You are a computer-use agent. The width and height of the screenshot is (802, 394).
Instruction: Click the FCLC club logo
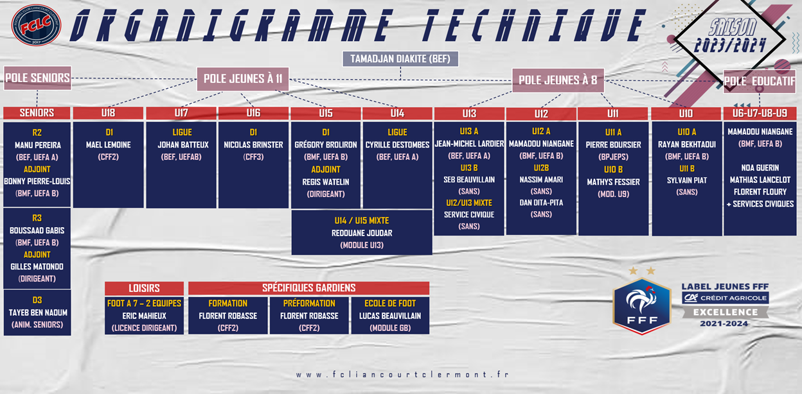click(x=36, y=24)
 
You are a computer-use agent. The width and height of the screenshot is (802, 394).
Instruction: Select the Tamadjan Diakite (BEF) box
click(x=400, y=58)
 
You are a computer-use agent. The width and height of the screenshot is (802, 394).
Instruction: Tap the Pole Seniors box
click(x=37, y=78)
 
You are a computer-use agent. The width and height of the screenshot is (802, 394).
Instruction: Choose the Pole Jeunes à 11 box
click(x=243, y=79)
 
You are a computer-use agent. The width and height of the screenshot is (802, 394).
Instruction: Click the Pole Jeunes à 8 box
click(x=558, y=80)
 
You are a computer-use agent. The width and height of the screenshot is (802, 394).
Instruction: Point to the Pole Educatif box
click(x=760, y=81)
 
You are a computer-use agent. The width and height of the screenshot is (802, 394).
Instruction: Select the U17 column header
click(x=181, y=113)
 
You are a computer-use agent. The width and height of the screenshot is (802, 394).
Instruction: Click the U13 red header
click(x=469, y=114)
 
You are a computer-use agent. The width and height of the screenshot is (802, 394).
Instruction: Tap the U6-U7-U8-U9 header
click(x=760, y=114)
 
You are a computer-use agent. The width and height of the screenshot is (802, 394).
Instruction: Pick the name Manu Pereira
click(x=37, y=145)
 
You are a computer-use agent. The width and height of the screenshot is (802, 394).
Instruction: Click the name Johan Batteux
click(x=183, y=145)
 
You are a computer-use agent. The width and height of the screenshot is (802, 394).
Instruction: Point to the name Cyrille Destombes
click(x=397, y=145)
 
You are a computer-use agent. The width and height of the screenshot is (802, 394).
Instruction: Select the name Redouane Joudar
click(x=362, y=233)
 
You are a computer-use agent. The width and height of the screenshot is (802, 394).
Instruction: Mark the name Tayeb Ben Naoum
click(x=38, y=313)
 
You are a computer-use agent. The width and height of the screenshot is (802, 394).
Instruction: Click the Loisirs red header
click(x=145, y=288)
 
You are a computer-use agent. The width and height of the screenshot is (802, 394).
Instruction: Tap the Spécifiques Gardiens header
click(x=308, y=288)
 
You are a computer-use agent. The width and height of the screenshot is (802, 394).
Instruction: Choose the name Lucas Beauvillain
click(x=390, y=316)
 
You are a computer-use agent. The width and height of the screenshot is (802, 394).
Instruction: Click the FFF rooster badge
click(x=641, y=306)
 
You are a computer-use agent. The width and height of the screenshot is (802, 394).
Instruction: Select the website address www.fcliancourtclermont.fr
click(x=402, y=374)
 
